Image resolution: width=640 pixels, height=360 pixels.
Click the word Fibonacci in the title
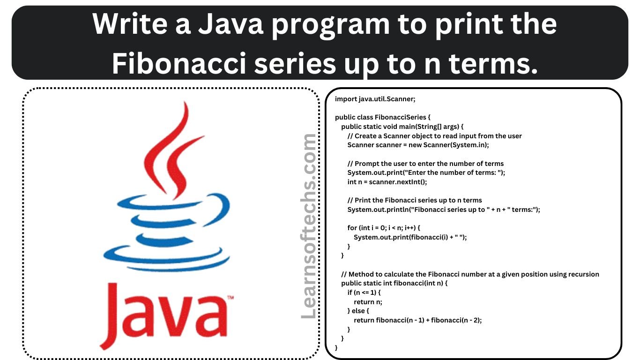179,63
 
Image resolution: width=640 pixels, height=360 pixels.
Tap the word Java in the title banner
231,24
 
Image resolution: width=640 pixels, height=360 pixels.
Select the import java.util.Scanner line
375,99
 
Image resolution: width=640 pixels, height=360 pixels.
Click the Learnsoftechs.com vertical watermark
309,226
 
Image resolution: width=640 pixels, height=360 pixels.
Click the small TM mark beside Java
231,298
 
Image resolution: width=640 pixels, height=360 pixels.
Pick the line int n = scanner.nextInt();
387,182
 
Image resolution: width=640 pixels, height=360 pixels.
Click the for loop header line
384,228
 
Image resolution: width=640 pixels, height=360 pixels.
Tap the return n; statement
368,302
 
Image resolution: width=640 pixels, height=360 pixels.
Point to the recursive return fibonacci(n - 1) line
418,320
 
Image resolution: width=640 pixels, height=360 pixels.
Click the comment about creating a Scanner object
435,136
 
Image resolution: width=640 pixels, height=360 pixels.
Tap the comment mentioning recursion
470,274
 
